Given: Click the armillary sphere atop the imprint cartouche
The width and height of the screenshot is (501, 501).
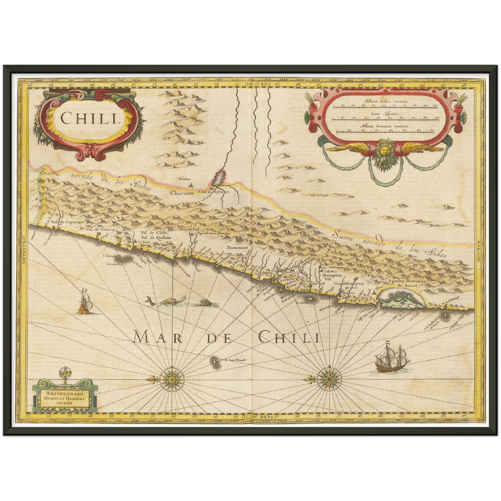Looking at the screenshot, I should [x=64, y=374].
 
